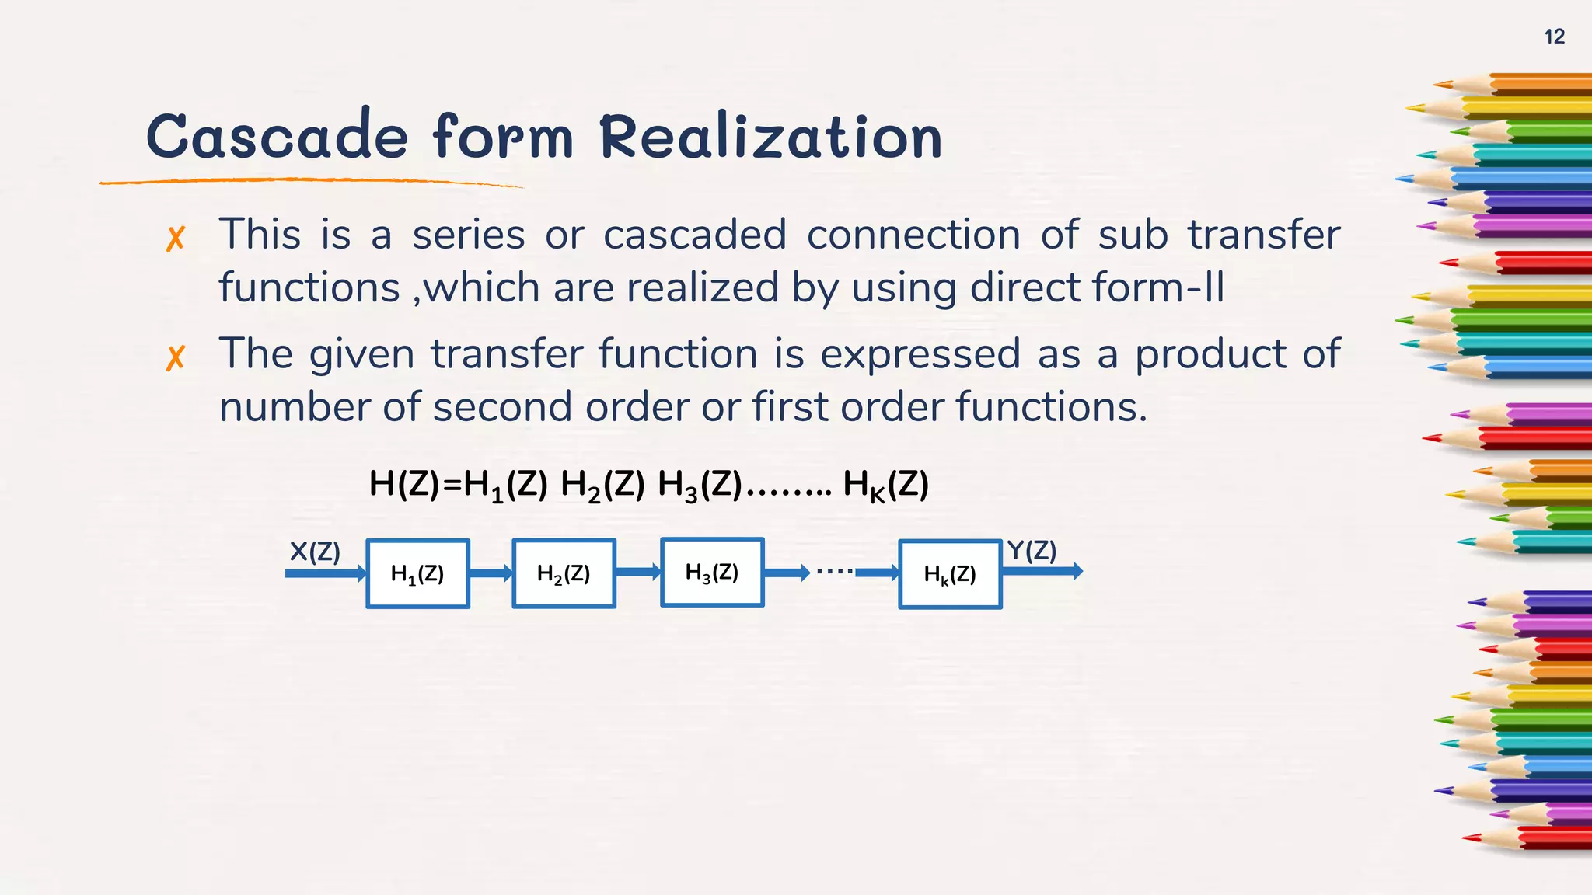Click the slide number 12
(x=1554, y=37)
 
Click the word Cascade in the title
(x=277, y=137)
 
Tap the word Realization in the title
(x=771, y=137)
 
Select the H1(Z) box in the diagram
(x=417, y=573)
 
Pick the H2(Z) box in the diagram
(x=564, y=573)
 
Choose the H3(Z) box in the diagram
(x=711, y=573)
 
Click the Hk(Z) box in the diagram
(x=949, y=574)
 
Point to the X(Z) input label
(x=315, y=552)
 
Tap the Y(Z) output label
(x=1032, y=550)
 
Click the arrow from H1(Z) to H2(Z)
(x=491, y=573)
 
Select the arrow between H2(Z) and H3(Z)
(x=637, y=573)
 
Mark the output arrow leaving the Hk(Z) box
(x=1042, y=572)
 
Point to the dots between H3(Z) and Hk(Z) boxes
(x=834, y=571)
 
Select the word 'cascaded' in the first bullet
(x=695, y=235)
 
